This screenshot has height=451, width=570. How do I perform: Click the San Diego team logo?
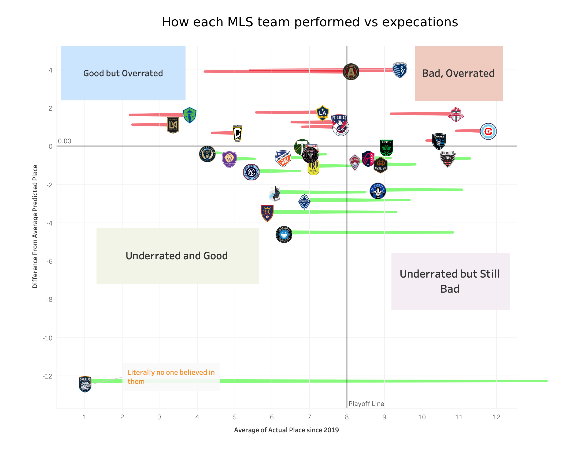[85, 384]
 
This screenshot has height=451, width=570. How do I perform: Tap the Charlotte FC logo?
[284, 234]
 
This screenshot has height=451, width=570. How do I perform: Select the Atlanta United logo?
[351, 72]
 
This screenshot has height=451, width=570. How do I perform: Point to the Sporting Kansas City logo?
[400, 70]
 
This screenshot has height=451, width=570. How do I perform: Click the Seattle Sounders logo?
[190, 115]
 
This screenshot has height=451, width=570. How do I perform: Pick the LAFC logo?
[173, 125]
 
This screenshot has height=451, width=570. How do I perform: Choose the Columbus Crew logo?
[237, 133]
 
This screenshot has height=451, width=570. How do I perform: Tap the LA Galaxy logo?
[323, 113]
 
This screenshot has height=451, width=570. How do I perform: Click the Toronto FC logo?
[456, 114]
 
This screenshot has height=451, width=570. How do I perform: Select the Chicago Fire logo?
[488, 131]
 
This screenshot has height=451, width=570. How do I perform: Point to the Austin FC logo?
[386, 148]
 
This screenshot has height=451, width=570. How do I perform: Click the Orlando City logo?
[229, 159]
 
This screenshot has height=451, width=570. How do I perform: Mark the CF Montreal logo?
[377, 191]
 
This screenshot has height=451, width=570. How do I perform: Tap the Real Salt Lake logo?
[267, 213]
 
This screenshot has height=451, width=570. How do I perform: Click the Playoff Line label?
[366, 403]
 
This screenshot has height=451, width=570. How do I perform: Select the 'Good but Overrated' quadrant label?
[123, 73]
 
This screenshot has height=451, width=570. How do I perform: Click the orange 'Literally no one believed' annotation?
[171, 377]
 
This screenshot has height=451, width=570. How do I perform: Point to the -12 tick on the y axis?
[48, 376]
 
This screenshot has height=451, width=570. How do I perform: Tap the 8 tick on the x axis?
[347, 417]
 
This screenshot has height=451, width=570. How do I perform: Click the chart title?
[310, 22]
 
